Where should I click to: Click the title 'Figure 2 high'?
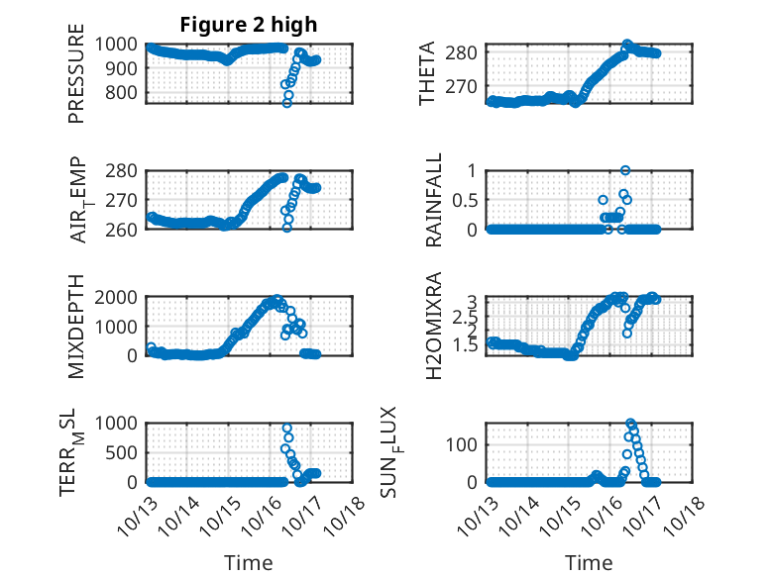(249, 25)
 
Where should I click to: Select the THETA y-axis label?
(427, 73)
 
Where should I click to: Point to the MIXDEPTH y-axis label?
(76, 326)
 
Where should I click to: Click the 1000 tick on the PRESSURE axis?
(121, 44)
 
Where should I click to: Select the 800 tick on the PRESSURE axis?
(126, 93)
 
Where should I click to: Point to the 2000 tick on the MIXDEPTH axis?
(121, 297)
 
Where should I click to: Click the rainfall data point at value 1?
(624, 170)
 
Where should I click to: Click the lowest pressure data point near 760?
(287, 103)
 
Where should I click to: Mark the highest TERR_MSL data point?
(287, 429)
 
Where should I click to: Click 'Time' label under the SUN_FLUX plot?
(589, 562)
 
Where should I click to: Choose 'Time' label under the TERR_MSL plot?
(249, 562)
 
